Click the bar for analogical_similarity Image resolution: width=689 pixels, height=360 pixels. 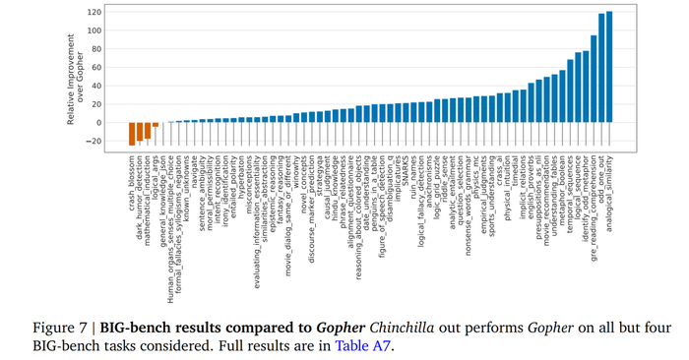(x=610, y=67)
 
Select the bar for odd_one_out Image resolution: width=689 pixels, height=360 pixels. (x=601, y=68)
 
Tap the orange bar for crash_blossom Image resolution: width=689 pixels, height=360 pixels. (x=132, y=134)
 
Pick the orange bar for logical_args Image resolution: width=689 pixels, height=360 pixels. (x=156, y=125)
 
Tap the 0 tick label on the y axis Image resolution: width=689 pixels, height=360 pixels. (x=98, y=123)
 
